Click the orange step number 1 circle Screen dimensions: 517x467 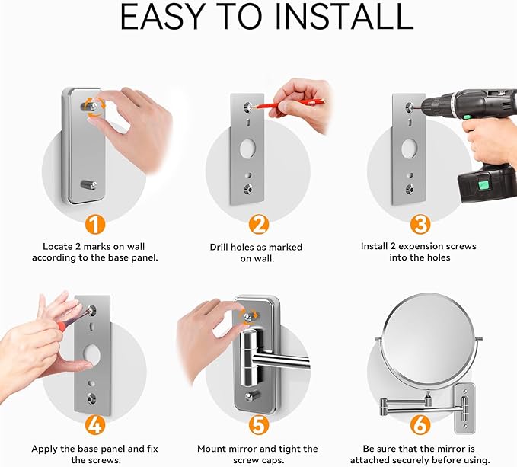[95, 225]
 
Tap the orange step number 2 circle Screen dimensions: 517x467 [259, 225]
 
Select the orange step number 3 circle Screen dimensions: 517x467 [420, 225]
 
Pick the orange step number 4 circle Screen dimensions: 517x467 [95, 425]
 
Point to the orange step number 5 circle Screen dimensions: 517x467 [259, 425]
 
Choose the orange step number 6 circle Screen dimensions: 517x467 [420, 425]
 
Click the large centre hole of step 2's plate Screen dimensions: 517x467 [247, 149]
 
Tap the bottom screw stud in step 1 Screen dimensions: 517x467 [88, 184]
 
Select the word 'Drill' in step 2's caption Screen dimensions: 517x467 [219, 247]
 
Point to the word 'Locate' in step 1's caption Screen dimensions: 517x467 [57, 246]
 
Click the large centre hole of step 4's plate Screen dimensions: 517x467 [91, 355]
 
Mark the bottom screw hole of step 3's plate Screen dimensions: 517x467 [410, 189]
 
